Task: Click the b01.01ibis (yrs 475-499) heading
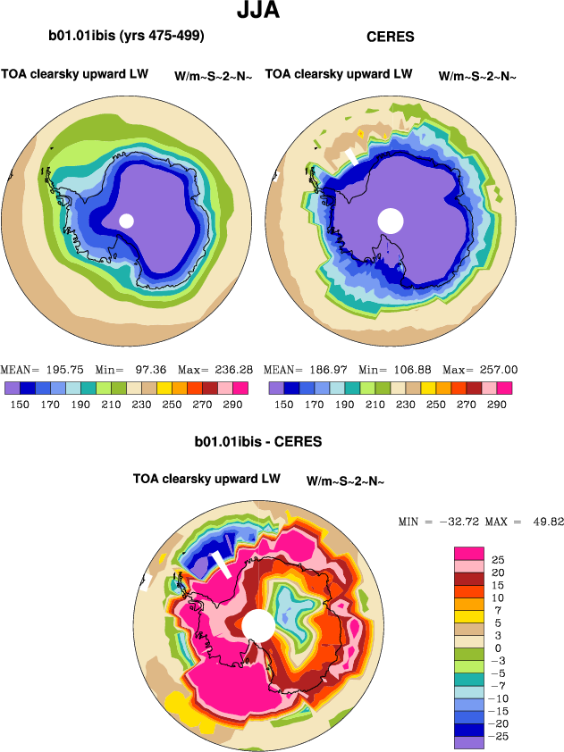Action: pyautogui.click(x=126, y=37)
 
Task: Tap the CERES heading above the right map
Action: pyautogui.click(x=391, y=38)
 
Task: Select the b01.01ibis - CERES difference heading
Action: pyautogui.click(x=258, y=442)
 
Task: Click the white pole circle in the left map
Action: pyautogui.click(x=126, y=221)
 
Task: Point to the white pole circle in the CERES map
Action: pyautogui.click(x=391, y=220)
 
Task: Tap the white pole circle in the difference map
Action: pyautogui.click(x=257, y=624)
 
